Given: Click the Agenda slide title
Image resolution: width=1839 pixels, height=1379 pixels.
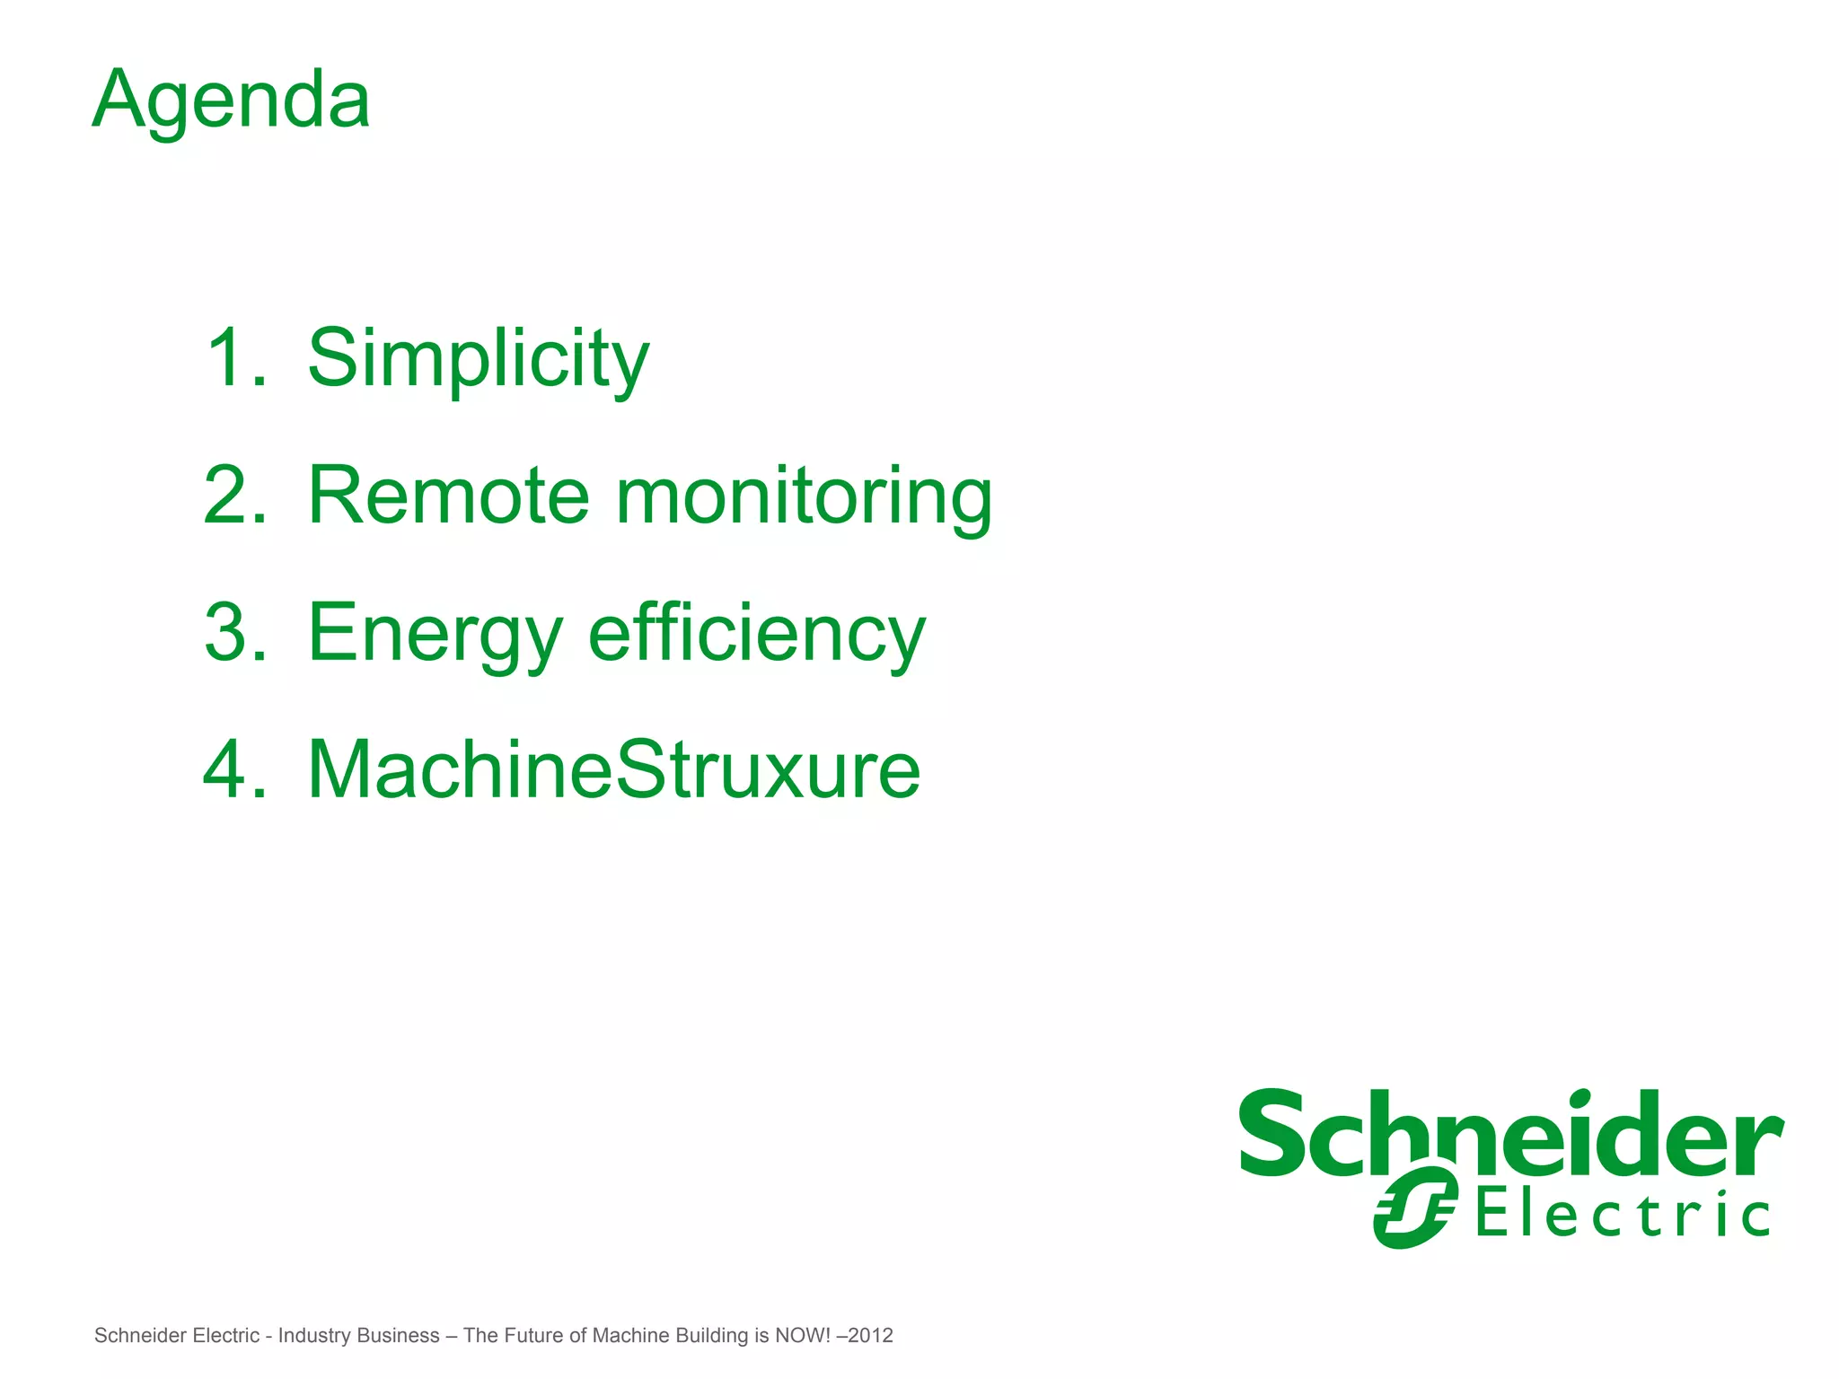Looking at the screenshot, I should point(231,101).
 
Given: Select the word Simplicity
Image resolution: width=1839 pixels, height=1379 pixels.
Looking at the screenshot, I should point(478,358).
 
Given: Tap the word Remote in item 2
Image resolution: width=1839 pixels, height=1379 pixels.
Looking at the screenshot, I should point(448,496).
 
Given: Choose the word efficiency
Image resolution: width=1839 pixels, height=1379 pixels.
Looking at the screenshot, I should point(756,634).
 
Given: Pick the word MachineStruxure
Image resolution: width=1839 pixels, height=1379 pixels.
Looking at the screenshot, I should point(614,769).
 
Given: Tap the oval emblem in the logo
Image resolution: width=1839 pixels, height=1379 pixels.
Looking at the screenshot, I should point(1415,1208).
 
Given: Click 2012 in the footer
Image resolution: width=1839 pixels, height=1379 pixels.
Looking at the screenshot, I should point(870,1336).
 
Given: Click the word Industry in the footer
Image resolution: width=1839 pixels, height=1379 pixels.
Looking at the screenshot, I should point(314,1336).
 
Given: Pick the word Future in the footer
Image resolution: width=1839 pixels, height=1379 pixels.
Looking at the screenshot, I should point(533,1336).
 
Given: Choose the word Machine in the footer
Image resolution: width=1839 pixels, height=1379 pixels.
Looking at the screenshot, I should point(630,1336).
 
